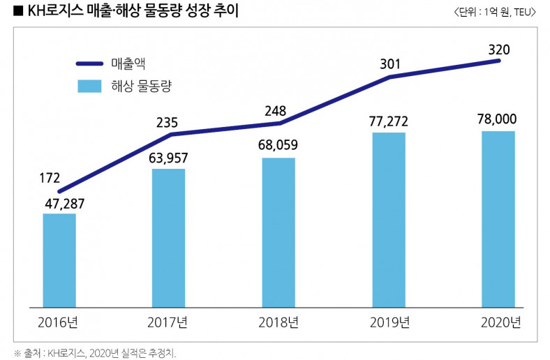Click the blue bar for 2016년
59,260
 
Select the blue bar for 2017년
168,238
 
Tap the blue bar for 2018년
278,232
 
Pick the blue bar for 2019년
389,220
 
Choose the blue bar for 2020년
498,219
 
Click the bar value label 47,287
59,204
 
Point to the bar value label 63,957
168,159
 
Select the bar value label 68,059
278,147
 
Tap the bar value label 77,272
389,122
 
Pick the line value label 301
389,65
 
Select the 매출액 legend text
127,64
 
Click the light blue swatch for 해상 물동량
89,86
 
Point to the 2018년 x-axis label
278,323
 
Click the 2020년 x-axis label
500,323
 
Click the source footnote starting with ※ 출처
95,352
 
